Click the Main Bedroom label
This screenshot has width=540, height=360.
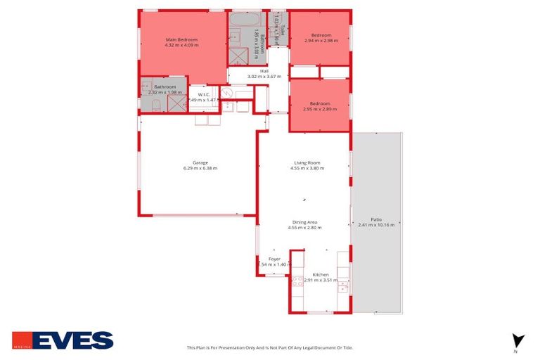[x=181, y=39]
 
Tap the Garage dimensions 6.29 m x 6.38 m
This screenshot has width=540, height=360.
[x=200, y=169]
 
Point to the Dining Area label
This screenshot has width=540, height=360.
[x=304, y=221]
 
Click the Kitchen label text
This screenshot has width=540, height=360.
[x=321, y=274]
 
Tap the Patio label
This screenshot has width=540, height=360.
[x=376, y=219]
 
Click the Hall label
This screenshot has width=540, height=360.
[x=264, y=71]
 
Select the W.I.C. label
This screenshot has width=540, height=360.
[x=205, y=94]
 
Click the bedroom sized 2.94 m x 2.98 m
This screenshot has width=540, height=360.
[x=321, y=37]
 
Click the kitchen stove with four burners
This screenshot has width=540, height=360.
[x=297, y=281]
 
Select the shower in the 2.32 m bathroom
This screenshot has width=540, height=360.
[x=176, y=104]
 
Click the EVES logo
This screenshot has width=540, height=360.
[x=63, y=340]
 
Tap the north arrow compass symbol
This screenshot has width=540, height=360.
[x=518, y=341]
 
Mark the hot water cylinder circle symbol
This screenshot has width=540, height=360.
[x=227, y=93]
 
